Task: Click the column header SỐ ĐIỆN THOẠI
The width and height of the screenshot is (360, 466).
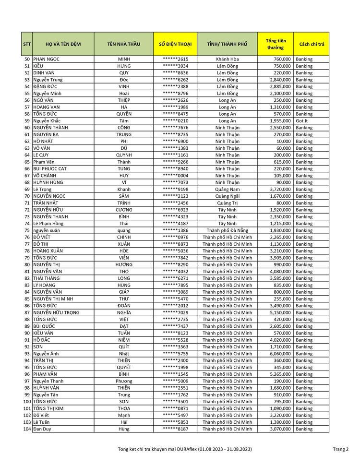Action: pyautogui.click(x=175, y=44)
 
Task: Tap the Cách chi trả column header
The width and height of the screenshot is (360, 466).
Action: pyautogui.click(x=312, y=44)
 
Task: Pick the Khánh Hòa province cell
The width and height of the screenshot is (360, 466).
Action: pyautogui.click(x=227, y=59)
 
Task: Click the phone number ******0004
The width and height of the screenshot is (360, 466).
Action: pyautogui.click(x=175, y=176)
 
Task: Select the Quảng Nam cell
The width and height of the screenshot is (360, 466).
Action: pyautogui.click(x=227, y=190)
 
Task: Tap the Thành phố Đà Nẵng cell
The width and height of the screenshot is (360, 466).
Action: pyautogui.click(x=227, y=230)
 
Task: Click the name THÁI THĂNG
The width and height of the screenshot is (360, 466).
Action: pyautogui.click(x=47, y=278)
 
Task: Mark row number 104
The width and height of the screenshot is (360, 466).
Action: pyautogui.click(x=27, y=429)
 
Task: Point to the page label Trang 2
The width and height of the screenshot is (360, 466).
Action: pyautogui.click(x=341, y=449)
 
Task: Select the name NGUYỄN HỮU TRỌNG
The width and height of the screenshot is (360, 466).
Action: pyautogui.click(x=56, y=313)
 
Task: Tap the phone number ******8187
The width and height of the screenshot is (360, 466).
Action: pyautogui.click(x=175, y=429)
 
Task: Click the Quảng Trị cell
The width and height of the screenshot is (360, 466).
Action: pyautogui.click(x=227, y=203)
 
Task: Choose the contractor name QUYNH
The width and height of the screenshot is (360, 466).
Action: pyautogui.click(x=124, y=155)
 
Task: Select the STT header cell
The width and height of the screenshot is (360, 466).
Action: pyautogui.click(x=27, y=44)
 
